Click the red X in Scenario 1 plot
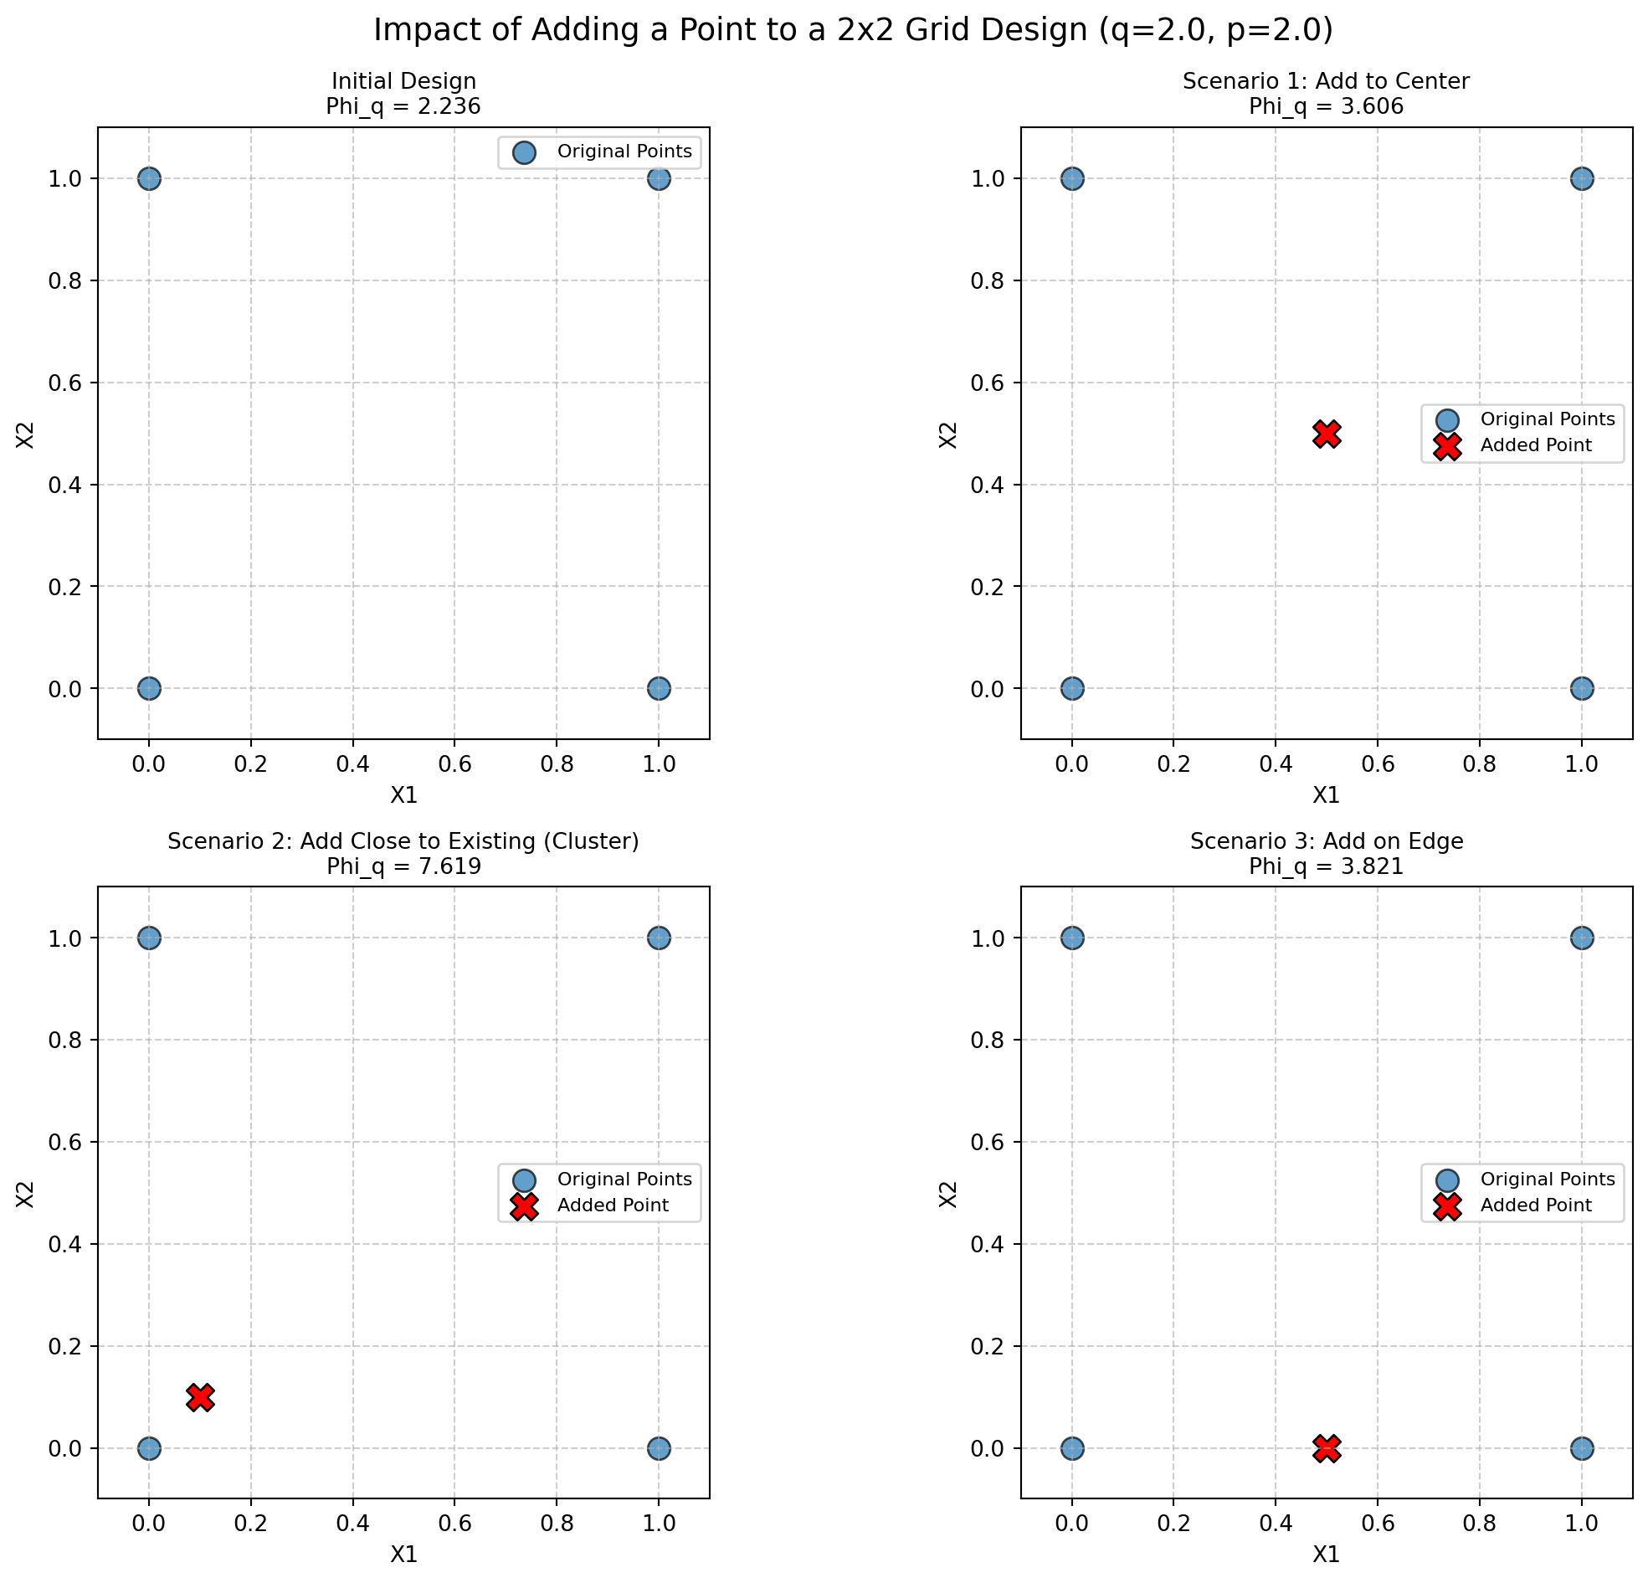point(1326,434)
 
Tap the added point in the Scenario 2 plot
point(200,1397)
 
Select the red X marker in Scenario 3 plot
point(1326,1448)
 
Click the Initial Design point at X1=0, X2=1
point(149,178)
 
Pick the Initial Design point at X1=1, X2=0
point(659,688)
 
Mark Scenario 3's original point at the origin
point(1071,1448)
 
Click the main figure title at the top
point(853,30)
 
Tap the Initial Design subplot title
point(403,81)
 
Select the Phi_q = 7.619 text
point(403,866)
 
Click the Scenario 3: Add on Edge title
point(1326,841)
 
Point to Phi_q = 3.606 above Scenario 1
point(1326,107)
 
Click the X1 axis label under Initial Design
point(403,795)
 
